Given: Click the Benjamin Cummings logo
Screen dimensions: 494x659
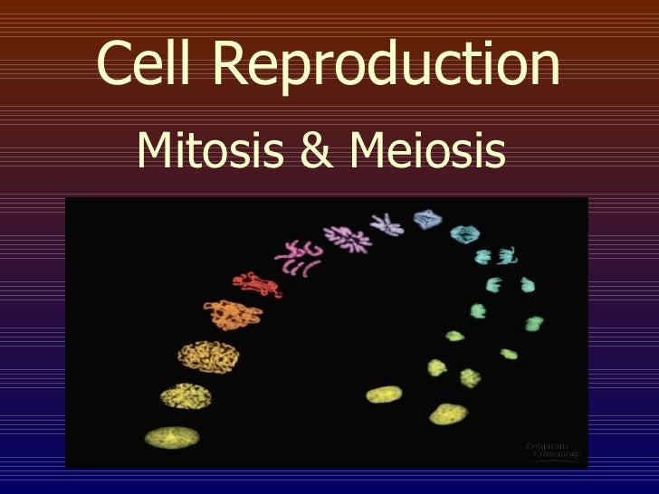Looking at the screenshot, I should [552, 449].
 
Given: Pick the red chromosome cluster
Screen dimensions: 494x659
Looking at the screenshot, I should [255, 283].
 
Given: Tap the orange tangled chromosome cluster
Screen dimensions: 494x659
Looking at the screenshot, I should [233, 315].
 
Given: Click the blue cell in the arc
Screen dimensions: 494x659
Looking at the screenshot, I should [424, 219].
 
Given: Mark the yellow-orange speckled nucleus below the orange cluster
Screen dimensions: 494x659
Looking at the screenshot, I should [202, 355].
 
